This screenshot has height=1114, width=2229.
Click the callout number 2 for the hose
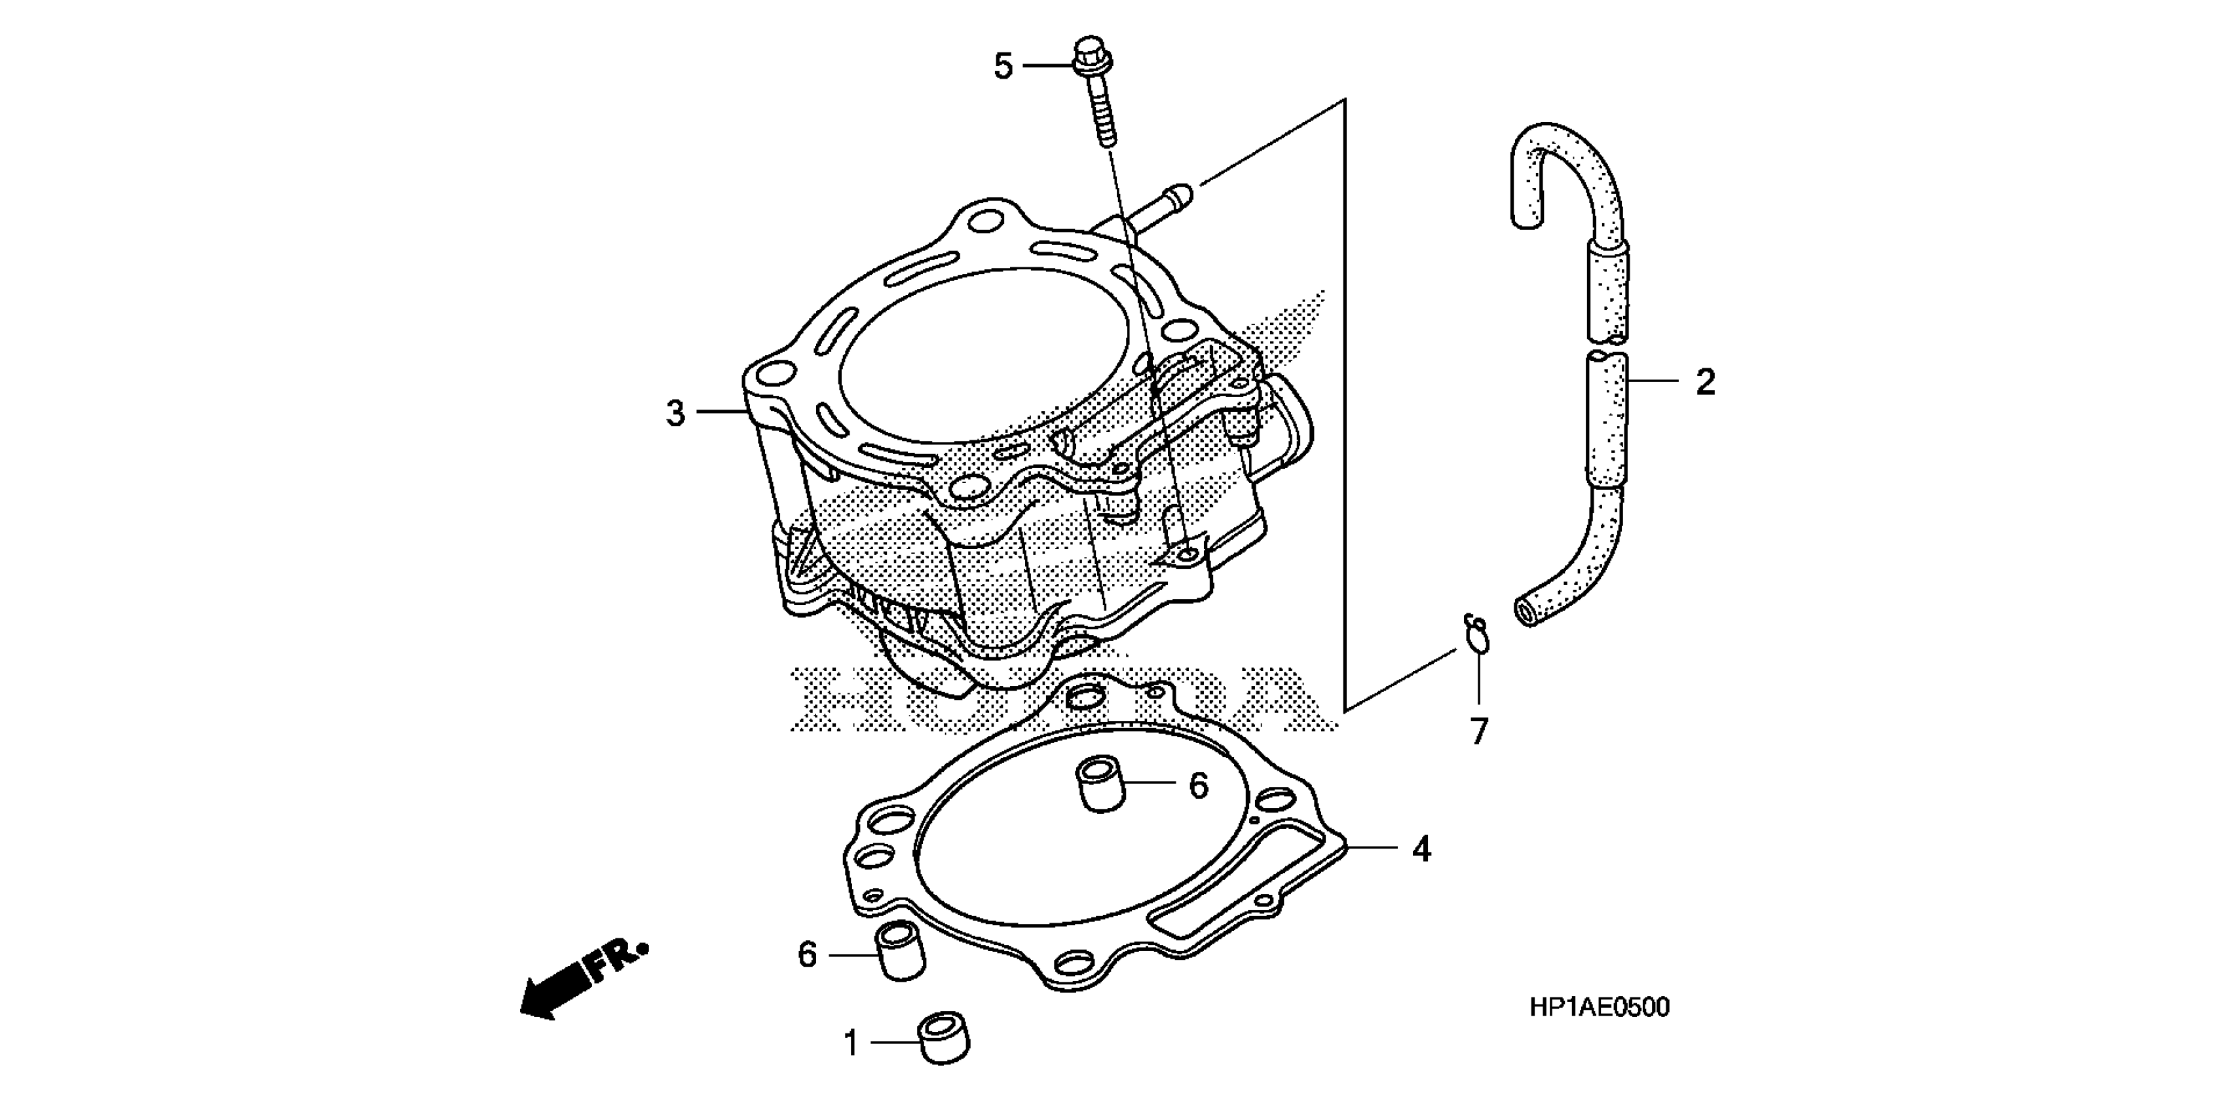[1704, 382]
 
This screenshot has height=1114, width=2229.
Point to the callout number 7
[1479, 731]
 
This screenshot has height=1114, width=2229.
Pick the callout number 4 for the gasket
[1421, 849]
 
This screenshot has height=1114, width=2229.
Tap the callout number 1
[852, 1043]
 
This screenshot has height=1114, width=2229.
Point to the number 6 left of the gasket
[806, 955]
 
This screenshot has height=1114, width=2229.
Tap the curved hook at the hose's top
[1536, 164]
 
